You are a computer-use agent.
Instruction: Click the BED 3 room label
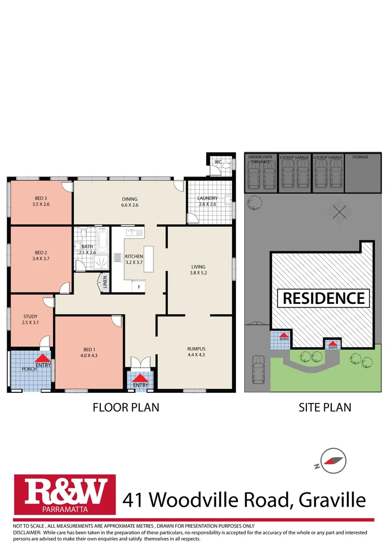coord(41,198)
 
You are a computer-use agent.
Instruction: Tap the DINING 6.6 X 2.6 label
coord(129,202)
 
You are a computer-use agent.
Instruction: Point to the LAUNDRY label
coord(207,198)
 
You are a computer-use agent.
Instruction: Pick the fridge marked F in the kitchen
coord(139,287)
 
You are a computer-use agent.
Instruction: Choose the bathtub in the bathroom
coord(102,242)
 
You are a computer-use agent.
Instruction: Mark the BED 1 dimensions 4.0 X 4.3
coord(89,355)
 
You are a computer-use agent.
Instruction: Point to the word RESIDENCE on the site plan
coord(324,298)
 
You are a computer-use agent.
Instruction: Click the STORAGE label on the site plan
coord(361,157)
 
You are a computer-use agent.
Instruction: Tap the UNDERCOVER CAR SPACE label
coord(260,159)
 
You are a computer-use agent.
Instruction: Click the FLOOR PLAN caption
coord(126,407)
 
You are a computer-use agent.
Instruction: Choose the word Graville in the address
coord(332,500)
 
